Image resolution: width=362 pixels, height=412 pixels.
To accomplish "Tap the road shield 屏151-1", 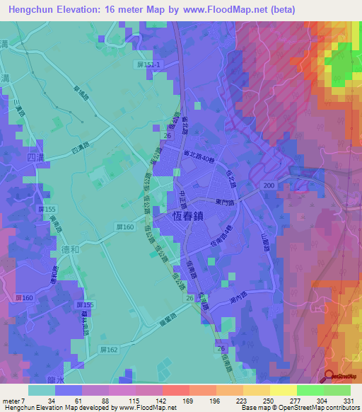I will tap(148, 64).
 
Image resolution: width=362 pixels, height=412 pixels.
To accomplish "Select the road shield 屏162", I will tap(108, 350).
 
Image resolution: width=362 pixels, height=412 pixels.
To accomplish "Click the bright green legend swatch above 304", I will tap(310, 390).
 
